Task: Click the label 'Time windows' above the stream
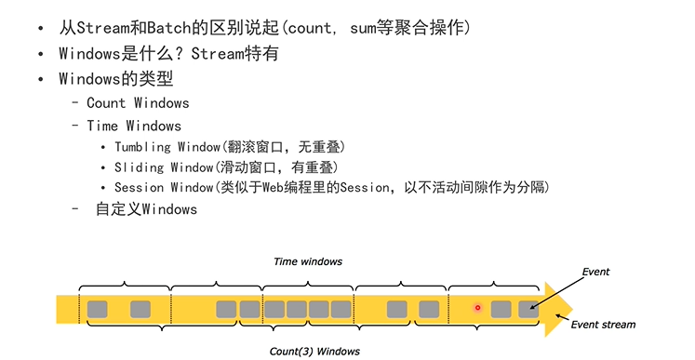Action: tap(307, 262)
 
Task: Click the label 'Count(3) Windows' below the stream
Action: tap(314, 351)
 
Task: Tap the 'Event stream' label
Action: tap(603, 325)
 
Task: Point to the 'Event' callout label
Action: tap(595, 272)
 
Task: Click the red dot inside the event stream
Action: tap(478, 308)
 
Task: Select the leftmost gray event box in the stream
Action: tap(97, 309)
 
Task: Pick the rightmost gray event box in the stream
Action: tap(528, 309)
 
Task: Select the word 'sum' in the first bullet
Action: tap(364, 28)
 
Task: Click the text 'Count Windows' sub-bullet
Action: tap(138, 103)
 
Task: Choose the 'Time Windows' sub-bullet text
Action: tap(134, 126)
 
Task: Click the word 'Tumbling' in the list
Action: tap(142, 147)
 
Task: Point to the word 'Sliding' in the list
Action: tap(139, 167)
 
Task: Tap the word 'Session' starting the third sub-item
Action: tap(139, 188)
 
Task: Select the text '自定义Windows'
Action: tap(146, 209)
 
